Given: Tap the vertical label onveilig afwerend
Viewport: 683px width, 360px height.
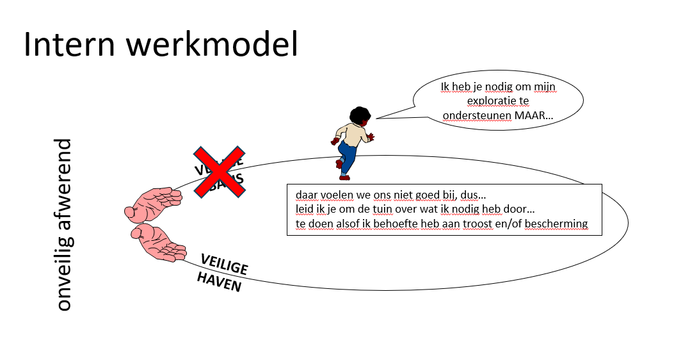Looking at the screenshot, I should coord(63,224).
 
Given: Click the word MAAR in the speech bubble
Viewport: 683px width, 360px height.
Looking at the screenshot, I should coord(535,117).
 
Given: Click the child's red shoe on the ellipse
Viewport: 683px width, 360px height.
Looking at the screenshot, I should coord(340,164).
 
